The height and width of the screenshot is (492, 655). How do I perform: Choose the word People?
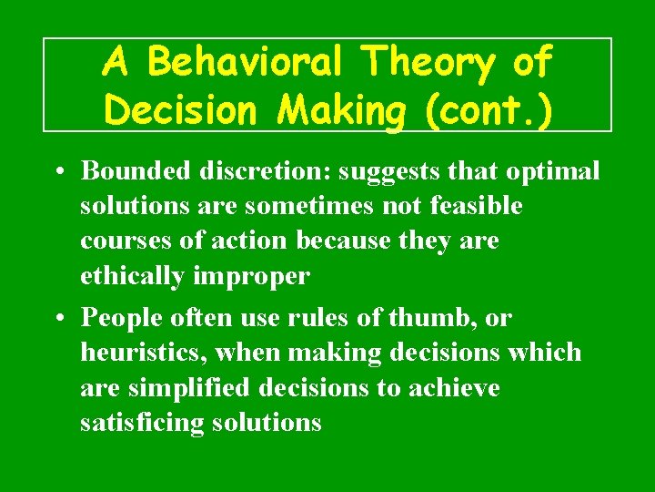(121, 318)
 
